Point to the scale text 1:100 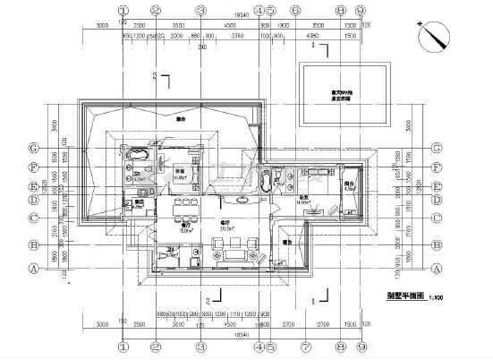[436, 295]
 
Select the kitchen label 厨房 [140, 203]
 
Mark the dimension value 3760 [238, 36]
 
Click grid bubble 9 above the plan [359, 10]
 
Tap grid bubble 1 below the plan [123, 345]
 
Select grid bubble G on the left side [34, 148]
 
